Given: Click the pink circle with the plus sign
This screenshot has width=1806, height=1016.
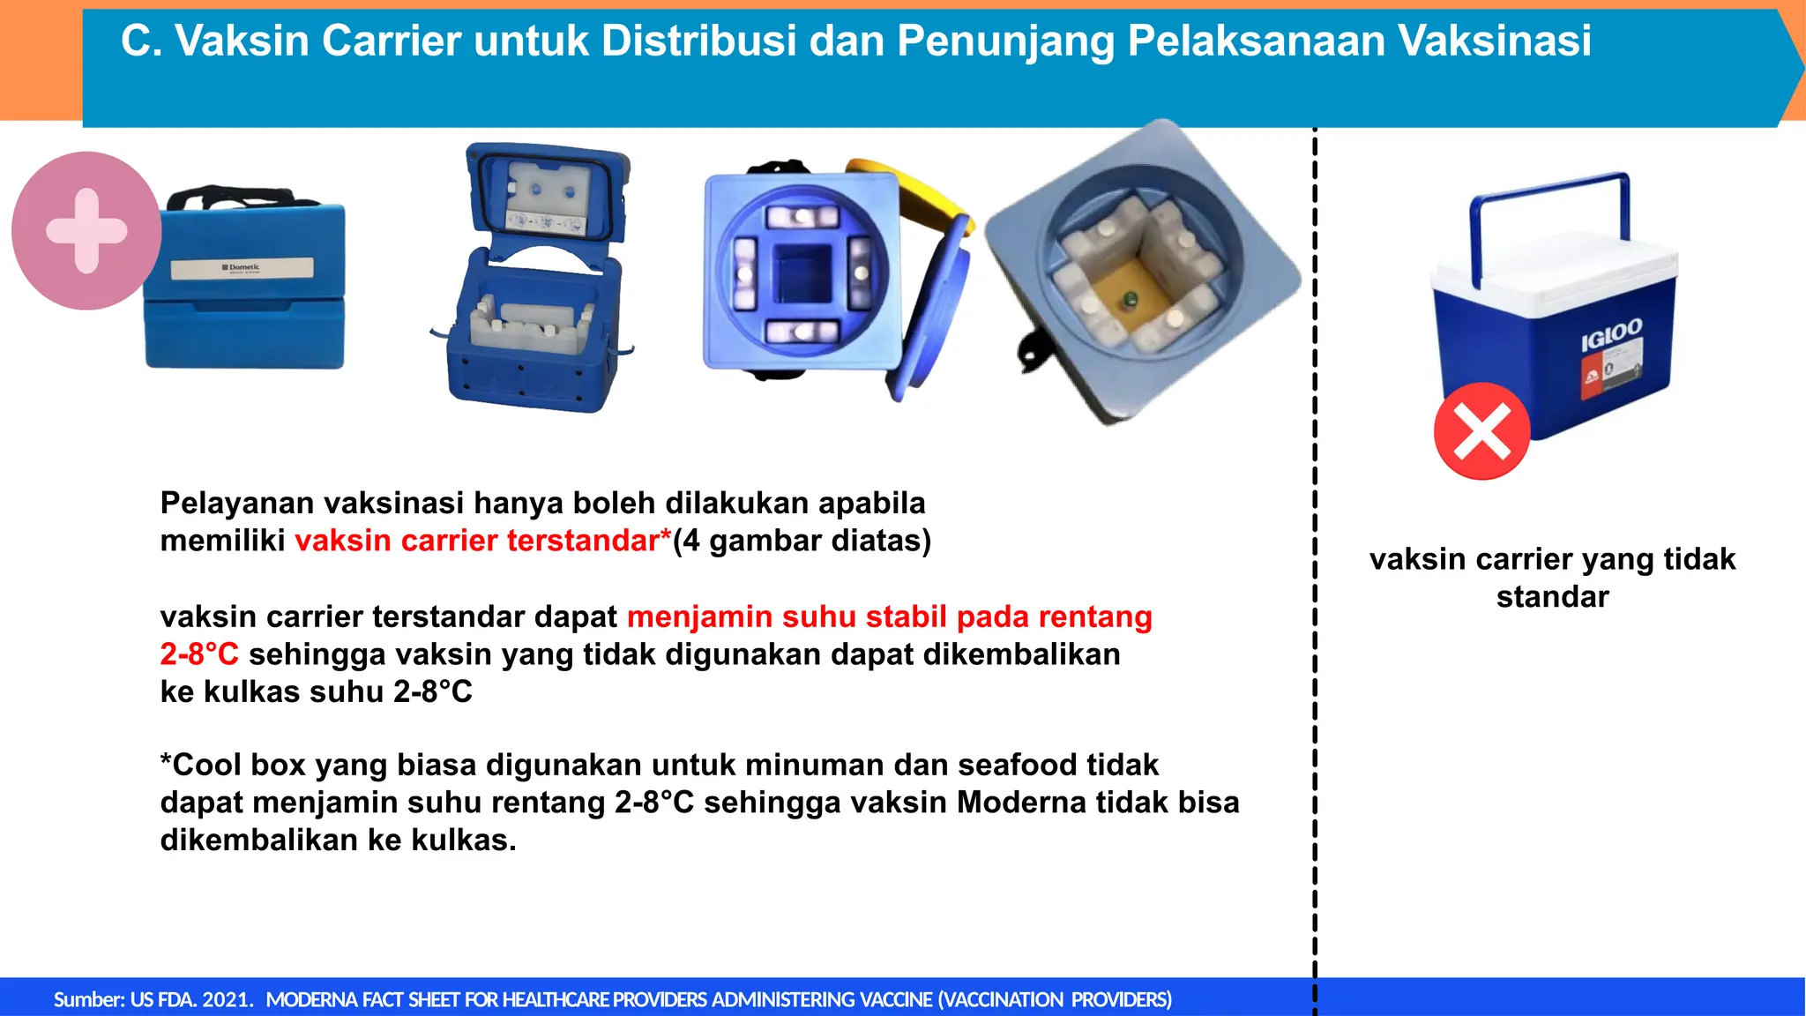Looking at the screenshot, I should coord(86,230).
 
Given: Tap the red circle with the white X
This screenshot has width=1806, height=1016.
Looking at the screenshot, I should coord(1481,431).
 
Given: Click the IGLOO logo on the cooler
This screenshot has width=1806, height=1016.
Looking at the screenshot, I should coord(1611,335).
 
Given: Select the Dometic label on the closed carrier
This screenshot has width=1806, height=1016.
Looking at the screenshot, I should coord(242,267).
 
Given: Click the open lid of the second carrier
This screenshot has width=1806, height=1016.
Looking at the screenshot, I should coord(547,194).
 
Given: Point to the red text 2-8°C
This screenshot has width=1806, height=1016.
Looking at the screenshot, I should coord(199,654).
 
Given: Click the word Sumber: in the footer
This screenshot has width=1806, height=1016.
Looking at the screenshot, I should coord(89,999).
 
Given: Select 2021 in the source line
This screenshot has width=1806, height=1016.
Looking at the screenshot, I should coord(226,999).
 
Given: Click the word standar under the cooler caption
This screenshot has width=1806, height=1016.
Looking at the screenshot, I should coord(1552,597).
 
